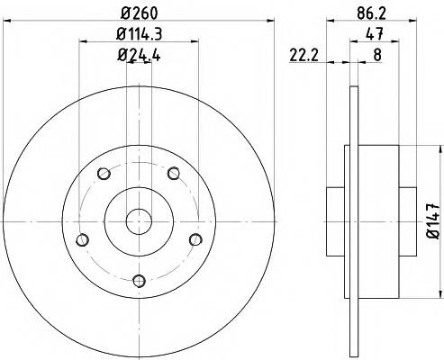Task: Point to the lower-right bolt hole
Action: (x=194, y=238)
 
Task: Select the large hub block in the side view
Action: (x=384, y=216)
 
